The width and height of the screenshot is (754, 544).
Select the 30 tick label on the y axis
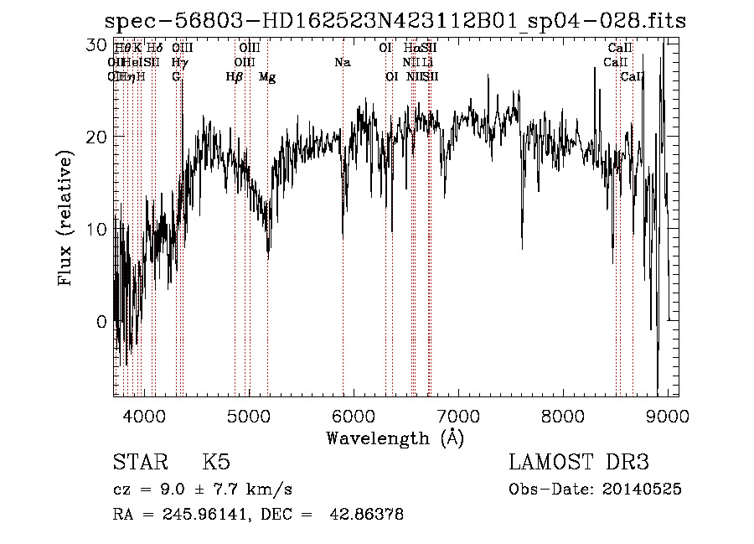(x=96, y=44)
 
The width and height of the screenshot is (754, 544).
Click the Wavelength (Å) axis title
(x=395, y=438)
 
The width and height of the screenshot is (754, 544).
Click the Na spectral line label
(x=342, y=62)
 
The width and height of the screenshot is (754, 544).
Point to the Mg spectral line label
(x=267, y=77)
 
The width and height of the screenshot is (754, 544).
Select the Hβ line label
(x=235, y=77)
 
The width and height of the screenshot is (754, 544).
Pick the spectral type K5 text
(x=216, y=464)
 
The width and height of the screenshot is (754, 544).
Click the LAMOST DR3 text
(x=579, y=464)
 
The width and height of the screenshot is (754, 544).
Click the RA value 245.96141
(x=199, y=516)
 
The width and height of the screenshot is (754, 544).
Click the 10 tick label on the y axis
(x=96, y=229)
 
